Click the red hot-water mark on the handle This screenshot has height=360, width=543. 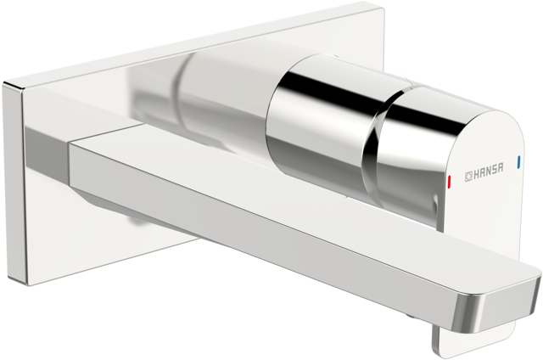pos(449,180)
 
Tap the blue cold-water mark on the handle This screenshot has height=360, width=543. pos(518,162)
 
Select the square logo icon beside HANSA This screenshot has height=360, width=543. pos(468,177)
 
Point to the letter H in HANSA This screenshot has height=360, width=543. pos(477,174)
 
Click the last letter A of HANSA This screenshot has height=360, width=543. pos(500,168)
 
